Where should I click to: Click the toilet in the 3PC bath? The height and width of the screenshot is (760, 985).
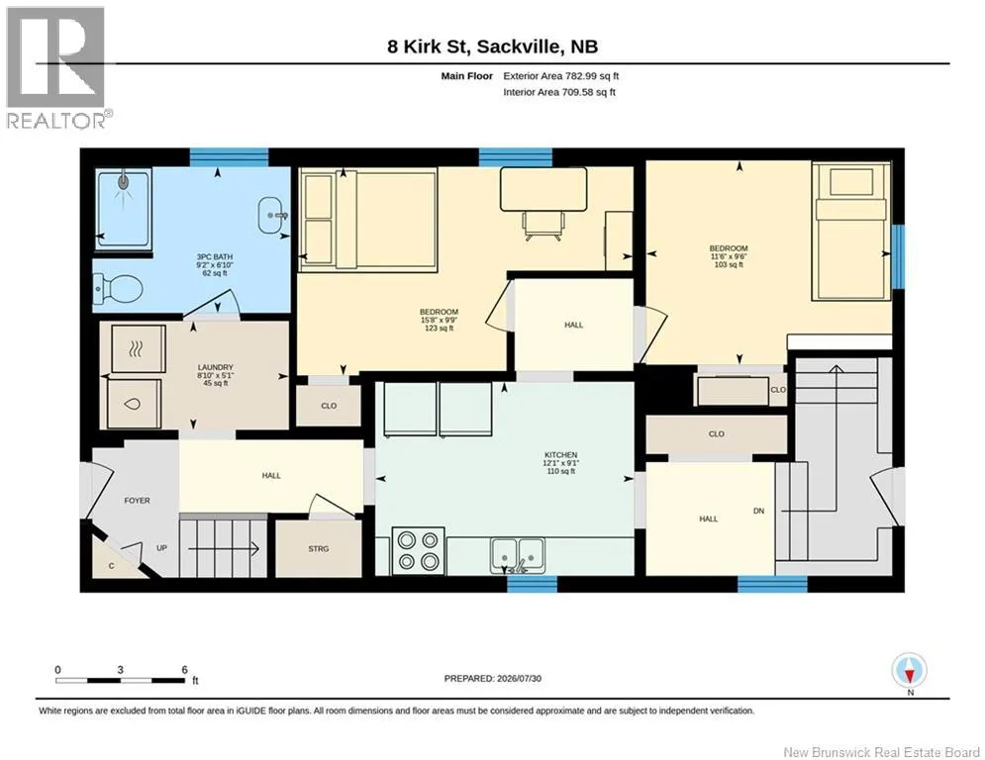pyautogui.click(x=118, y=290)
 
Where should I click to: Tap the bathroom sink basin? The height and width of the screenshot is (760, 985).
pyautogui.click(x=271, y=216)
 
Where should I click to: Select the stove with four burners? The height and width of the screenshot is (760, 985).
pyautogui.click(x=418, y=550)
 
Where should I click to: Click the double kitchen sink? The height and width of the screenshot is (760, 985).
pyautogui.click(x=519, y=554)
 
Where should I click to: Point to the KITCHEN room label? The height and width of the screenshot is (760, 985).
pyautogui.click(x=560, y=455)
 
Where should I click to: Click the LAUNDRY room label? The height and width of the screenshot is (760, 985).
pyautogui.click(x=216, y=367)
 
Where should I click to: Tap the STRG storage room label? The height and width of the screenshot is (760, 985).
pyautogui.click(x=319, y=549)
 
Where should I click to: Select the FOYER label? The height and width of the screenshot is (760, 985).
pyautogui.click(x=137, y=501)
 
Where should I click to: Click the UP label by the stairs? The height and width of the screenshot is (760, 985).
pyautogui.click(x=162, y=547)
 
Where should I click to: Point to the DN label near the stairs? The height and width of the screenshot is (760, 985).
pyautogui.click(x=759, y=511)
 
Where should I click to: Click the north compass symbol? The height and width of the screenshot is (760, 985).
pyautogui.click(x=910, y=672)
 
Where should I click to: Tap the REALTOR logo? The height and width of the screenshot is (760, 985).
pyautogui.click(x=56, y=67)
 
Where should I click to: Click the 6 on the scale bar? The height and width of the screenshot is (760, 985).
pyautogui.click(x=185, y=670)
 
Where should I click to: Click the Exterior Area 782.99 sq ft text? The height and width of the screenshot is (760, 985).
pyautogui.click(x=561, y=76)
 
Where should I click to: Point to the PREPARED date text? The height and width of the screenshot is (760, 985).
pyautogui.click(x=493, y=678)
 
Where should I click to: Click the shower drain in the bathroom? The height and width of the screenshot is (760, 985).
pyautogui.click(x=123, y=182)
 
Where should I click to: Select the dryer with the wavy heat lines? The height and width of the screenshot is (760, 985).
pyautogui.click(x=139, y=348)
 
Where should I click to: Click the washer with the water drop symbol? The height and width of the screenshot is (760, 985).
pyautogui.click(x=134, y=404)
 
